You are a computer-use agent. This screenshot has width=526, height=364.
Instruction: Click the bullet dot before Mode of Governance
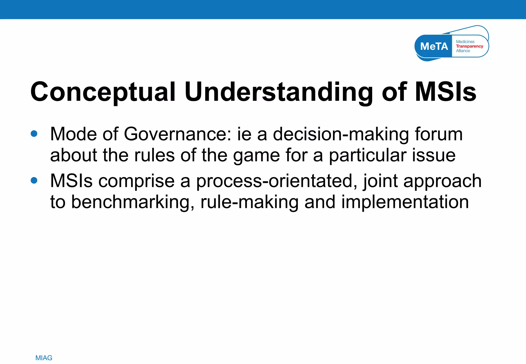click(x=34, y=134)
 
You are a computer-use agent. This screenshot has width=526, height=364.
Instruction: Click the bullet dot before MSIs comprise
click(x=34, y=180)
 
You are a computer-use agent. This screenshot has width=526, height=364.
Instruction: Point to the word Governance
click(x=177, y=134)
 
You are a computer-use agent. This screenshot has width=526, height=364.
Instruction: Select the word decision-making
click(x=341, y=134)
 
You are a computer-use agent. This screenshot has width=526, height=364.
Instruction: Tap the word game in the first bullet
click(x=256, y=156)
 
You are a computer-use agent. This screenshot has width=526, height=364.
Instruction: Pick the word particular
click(x=368, y=156)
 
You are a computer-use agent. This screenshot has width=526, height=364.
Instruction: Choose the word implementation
click(x=405, y=202)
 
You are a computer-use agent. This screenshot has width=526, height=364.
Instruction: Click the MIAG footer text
click(x=44, y=358)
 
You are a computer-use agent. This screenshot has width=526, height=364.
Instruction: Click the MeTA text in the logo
click(x=434, y=46)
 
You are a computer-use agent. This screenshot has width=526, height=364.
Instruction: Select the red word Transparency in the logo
click(x=469, y=46)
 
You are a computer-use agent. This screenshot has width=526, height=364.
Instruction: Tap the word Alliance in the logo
click(x=463, y=51)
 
